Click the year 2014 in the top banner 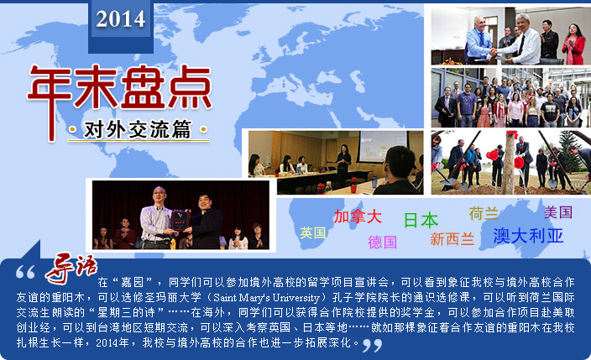coord(121,18)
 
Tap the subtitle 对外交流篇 coord(138,129)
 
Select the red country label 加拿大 coord(358,217)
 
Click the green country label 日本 coord(421,220)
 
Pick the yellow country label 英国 coord(313,232)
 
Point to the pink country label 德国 coord(382,242)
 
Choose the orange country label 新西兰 coord(452,238)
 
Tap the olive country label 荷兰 coord(484,213)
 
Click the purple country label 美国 coord(558,212)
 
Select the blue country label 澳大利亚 coord(528,236)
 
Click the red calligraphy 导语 coord(71,268)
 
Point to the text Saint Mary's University coord(266,298)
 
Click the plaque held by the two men coord(180,220)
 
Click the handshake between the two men coord(494,52)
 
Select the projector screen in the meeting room coord(382,146)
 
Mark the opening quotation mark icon coord(25,272)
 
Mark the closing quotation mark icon coord(372,345)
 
